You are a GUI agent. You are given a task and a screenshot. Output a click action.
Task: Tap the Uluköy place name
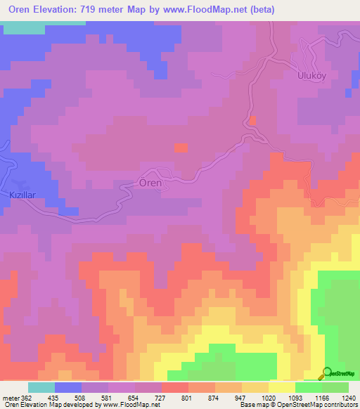pos(309,75)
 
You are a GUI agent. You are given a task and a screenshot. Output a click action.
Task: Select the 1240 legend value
pos(349,397)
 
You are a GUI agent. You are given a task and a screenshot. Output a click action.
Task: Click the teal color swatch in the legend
pos(41,387)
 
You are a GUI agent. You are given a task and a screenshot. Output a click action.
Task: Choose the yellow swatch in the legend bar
pos(282,387)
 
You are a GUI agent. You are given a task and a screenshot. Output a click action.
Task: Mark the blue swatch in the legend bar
pos(68,387)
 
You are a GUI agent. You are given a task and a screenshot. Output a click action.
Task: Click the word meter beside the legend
pos(11,397)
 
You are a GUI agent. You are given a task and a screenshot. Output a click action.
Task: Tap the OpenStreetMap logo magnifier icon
pos(326,373)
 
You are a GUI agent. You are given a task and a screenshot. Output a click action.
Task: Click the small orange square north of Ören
pos(181,148)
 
